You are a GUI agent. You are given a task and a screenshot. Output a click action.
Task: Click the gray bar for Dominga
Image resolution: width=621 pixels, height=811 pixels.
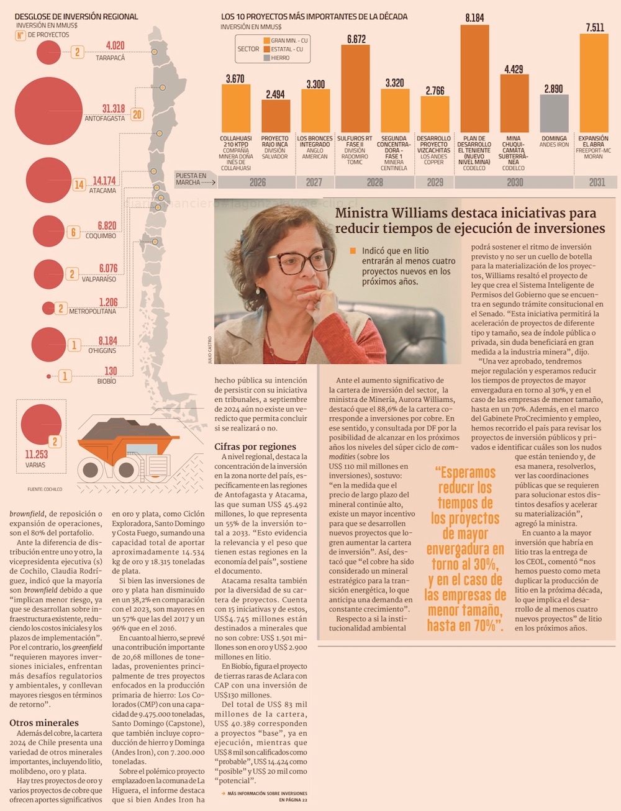pyautogui.click(x=554, y=113)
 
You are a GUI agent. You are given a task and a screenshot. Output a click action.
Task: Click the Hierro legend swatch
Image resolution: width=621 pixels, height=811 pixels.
pyautogui.click(x=266, y=58)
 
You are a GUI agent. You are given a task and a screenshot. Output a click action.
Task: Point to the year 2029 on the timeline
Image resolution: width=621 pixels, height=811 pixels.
pyautogui.click(x=435, y=182)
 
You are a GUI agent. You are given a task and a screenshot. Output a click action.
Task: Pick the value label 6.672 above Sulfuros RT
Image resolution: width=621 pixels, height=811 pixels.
pyautogui.click(x=356, y=39)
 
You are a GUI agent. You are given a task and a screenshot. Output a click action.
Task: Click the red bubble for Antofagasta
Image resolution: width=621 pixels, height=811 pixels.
pyautogui.click(x=48, y=111)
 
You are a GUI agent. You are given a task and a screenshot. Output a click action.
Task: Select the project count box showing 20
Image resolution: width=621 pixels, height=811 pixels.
pyautogui.click(x=137, y=114)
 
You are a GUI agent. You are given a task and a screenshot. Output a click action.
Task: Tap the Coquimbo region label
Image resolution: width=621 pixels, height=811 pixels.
pyautogui.click(x=101, y=236)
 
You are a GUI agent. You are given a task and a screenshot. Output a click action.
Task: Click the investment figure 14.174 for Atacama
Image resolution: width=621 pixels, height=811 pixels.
pyautogui.click(x=104, y=181)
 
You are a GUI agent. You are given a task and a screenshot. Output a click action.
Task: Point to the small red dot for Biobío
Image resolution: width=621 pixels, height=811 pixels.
pyautogui.click(x=49, y=376)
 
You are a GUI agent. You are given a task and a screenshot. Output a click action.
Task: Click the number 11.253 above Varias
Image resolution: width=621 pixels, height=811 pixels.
pyautogui.click(x=37, y=454)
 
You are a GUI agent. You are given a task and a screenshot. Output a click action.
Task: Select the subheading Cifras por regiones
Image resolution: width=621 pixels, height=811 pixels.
pyautogui.click(x=255, y=446)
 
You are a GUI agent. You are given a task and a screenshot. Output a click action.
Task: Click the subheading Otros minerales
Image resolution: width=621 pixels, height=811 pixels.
pyautogui.click(x=44, y=723)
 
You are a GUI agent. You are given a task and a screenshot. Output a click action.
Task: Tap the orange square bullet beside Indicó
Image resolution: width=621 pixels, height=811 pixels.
pyautogui.click(x=353, y=251)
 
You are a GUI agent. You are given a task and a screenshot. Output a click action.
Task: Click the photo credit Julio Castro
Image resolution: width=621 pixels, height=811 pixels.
pyautogui.click(x=210, y=350)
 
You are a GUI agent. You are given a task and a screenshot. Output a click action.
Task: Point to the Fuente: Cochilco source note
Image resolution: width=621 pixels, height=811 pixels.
pyautogui.click(x=45, y=489)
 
